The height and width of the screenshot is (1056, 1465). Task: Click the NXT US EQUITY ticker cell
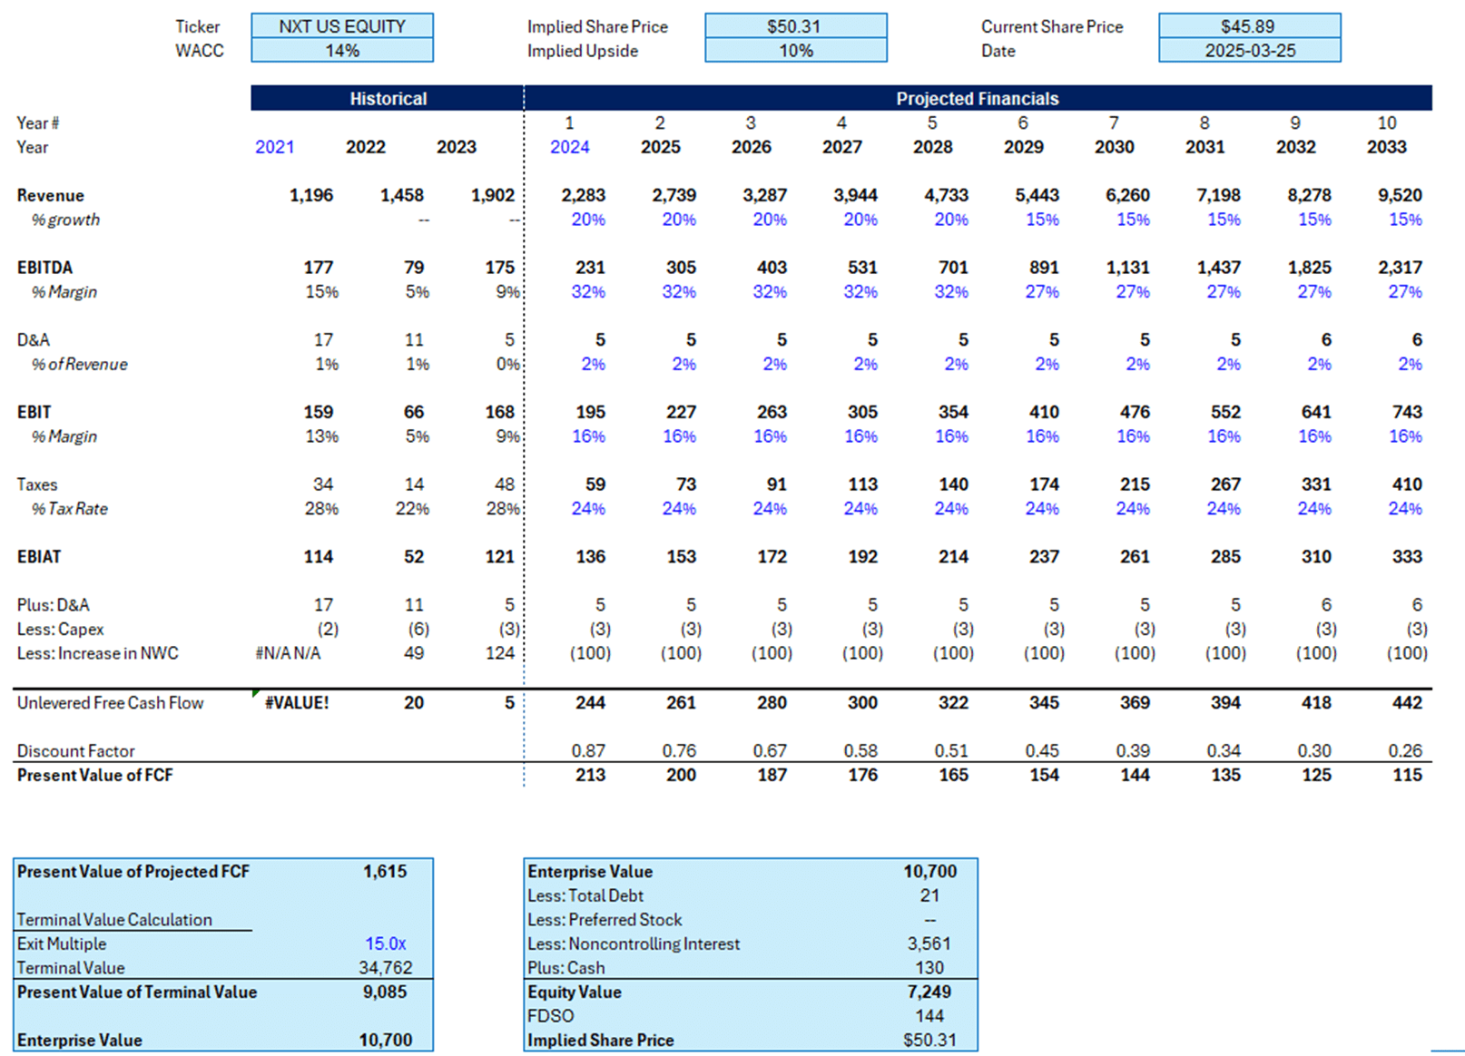click(341, 26)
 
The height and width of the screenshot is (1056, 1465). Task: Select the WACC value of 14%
click(341, 51)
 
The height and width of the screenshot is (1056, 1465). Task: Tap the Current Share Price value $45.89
click(1248, 26)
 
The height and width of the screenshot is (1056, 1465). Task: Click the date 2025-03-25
click(1249, 51)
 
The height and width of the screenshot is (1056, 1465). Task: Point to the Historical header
click(388, 99)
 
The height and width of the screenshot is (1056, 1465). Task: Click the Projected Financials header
click(977, 99)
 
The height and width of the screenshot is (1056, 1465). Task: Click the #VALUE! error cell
click(296, 703)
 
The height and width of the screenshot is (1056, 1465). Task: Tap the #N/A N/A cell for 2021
click(288, 653)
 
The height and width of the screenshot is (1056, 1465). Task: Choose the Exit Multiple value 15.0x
click(385, 944)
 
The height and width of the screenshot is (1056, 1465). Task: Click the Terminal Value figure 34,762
click(385, 968)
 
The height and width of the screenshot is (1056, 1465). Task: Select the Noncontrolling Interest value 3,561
click(929, 944)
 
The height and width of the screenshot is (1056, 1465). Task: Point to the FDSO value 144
click(929, 1016)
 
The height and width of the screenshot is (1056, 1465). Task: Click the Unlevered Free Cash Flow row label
click(110, 703)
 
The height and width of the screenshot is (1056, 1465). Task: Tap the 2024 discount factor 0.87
click(589, 751)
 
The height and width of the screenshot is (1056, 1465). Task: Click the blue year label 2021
click(274, 147)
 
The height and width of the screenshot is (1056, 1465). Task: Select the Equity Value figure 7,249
click(929, 992)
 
